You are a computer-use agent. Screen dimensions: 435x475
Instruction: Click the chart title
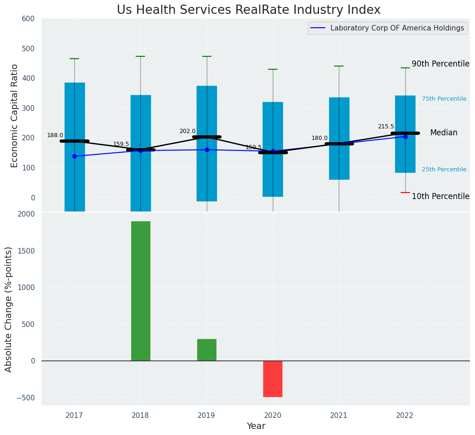[x=248, y=10]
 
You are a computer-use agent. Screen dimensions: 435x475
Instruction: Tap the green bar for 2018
[x=140, y=291]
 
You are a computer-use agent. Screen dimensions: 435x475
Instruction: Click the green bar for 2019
[x=206, y=350]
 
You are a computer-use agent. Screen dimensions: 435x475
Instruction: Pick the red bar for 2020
[x=272, y=379]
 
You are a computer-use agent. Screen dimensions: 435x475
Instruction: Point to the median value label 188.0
[x=55, y=135]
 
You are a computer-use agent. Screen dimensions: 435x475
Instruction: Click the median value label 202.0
[x=187, y=131]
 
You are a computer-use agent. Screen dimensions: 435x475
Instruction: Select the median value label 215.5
[x=386, y=127]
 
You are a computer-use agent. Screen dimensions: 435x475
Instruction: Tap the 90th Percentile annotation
[x=440, y=64]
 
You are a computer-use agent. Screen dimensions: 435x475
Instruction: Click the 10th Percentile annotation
[x=440, y=196]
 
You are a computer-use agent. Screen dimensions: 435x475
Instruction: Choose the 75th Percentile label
[x=444, y=99]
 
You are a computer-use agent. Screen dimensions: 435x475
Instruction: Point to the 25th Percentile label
[x=444, y=169]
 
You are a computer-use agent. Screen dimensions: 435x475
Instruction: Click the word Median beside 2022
[x=444, y=133]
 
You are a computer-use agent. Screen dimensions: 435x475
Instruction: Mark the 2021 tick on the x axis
[x=338, y=416]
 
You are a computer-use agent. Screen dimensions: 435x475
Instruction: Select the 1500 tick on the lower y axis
[x=25, y=251]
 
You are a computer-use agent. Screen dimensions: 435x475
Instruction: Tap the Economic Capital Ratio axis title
[x=14, y=115]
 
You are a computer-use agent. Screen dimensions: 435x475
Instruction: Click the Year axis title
[x=256, y=426]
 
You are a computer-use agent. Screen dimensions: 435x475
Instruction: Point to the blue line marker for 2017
[x=74, y=156]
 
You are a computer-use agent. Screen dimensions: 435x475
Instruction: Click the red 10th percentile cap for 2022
[x=405, y=193]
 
